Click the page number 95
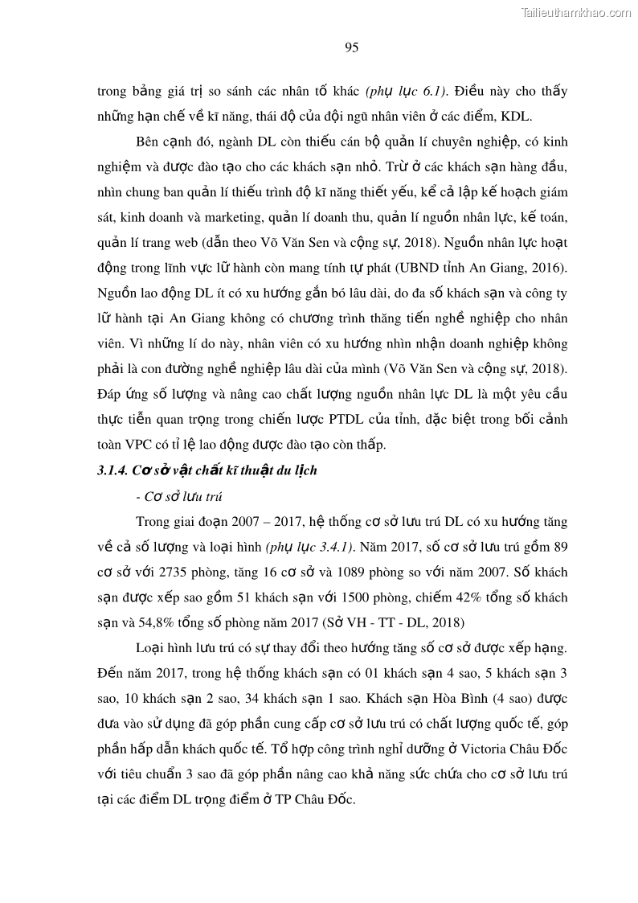tap(351, 47)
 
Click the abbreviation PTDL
tap(348, 419)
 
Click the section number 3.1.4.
tap(114, 470)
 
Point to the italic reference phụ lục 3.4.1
tap(315, 548)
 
